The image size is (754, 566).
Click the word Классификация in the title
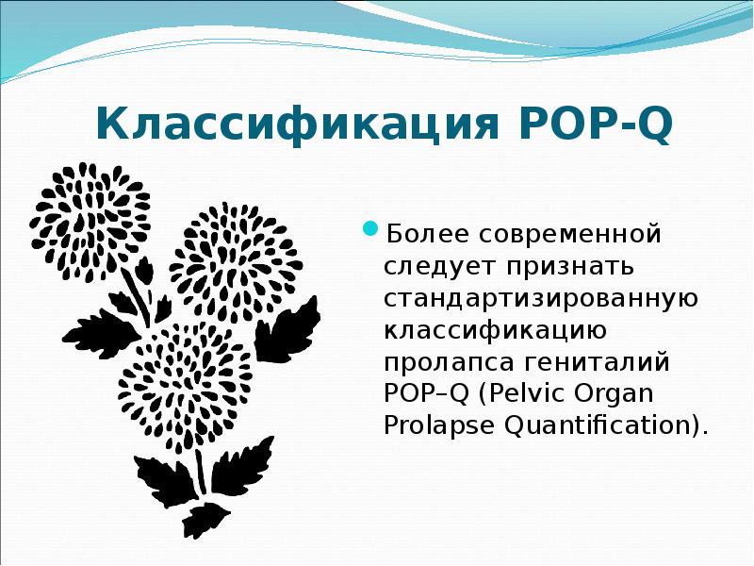292,125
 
